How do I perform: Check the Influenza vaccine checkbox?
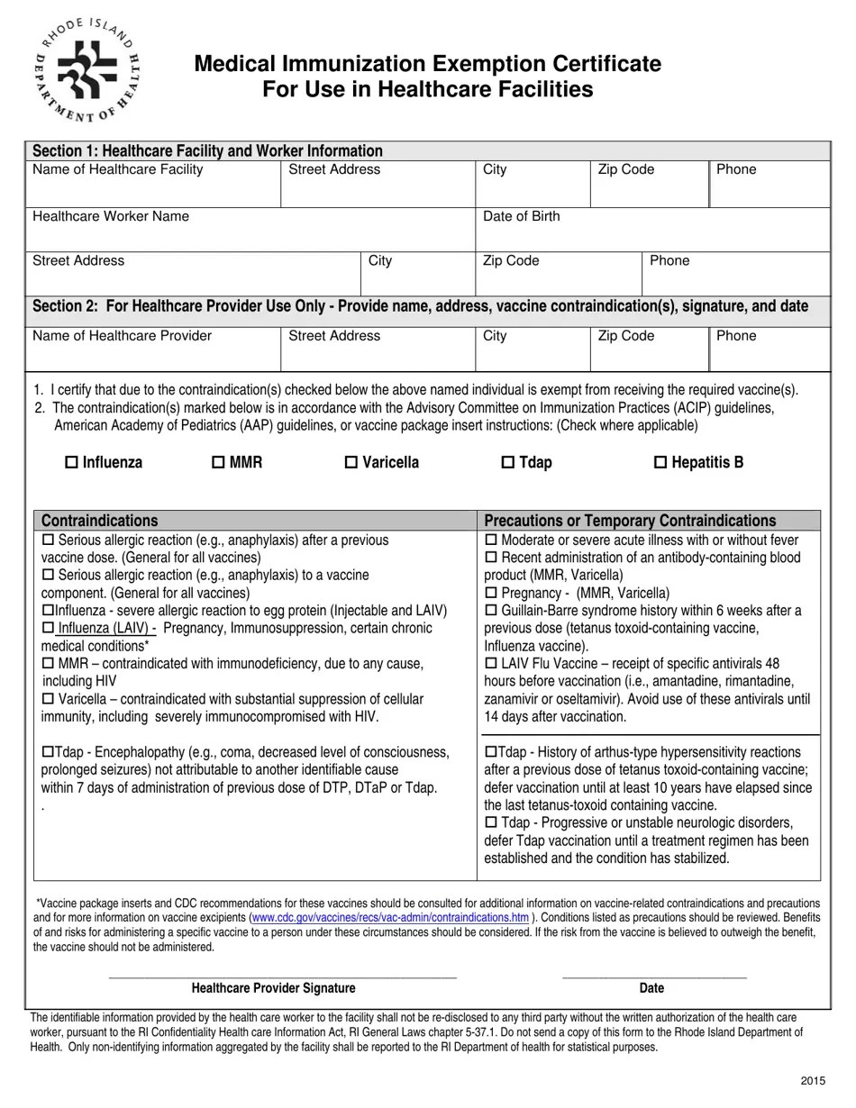(x=72, y=463)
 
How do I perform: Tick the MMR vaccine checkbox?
(x=218, y=463)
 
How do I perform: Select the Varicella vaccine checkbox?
(x=351, y=463)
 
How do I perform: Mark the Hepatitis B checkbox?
(x=660, y=463)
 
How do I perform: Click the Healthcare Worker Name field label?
(x=111, y=216)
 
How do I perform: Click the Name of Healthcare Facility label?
(x=117, y=169)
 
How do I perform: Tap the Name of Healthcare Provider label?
(x=122, y=336)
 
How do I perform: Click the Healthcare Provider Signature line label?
(x=273, y=988)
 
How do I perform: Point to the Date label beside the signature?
(x=651, y=988)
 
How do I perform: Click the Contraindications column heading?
(x=99, y=521)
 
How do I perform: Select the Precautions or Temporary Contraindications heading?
(x=630, y=521)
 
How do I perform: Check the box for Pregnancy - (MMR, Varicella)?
(x=491, y=593)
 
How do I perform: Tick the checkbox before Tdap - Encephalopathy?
(x=48, y=752)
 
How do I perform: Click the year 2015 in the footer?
(x=814, y=1081)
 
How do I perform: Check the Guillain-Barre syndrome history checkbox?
(x=491, y=611)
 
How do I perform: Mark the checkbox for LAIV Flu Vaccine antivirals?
(x=491, y=664)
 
